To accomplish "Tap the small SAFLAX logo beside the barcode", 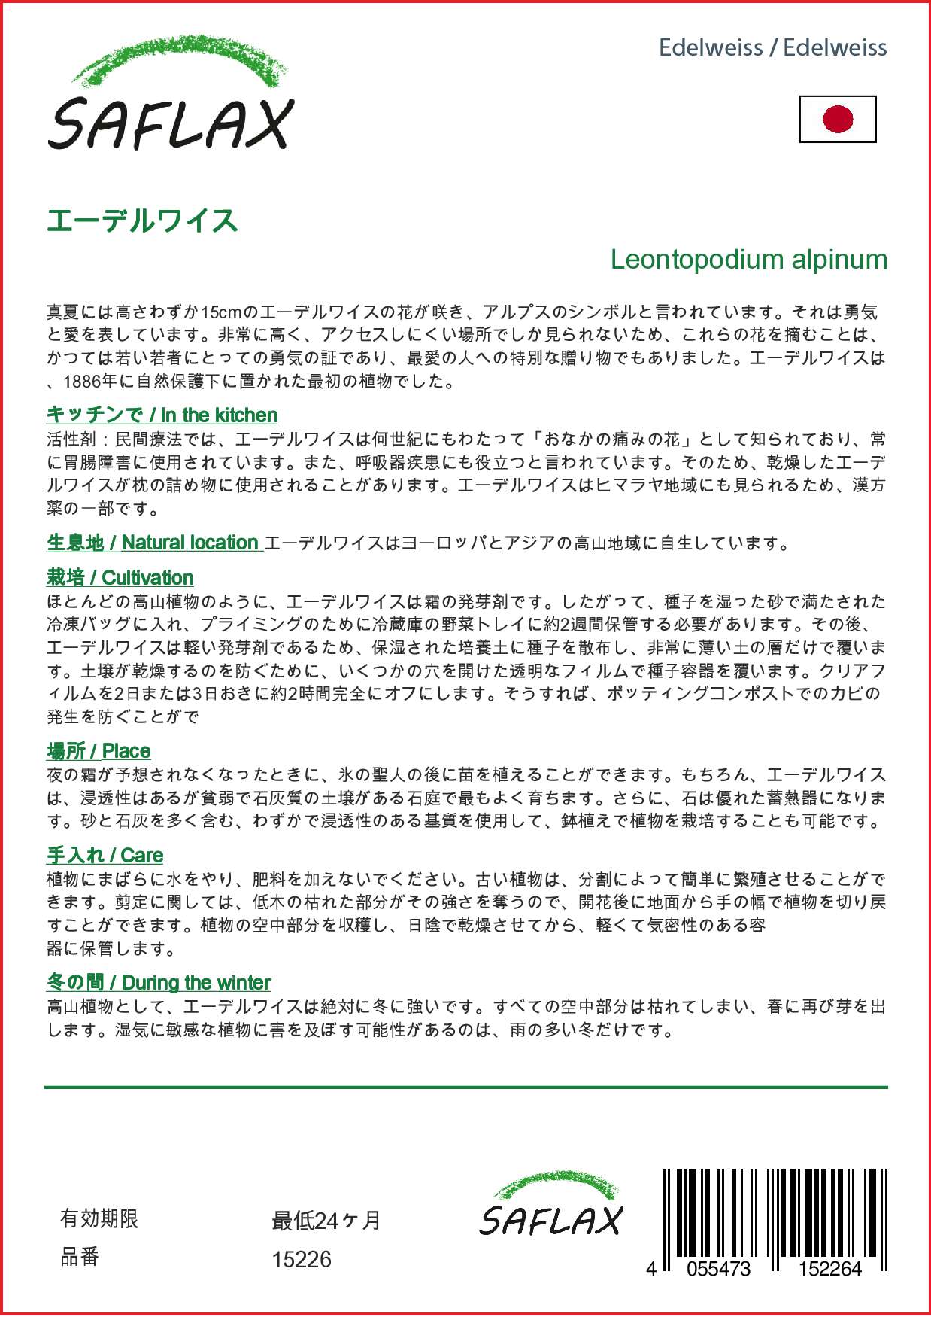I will point(551,1206).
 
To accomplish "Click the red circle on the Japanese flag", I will point(838,119).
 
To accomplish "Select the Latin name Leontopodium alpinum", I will point(748,260).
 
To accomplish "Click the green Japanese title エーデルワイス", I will point(142,221).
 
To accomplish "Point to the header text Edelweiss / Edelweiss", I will point(772,48).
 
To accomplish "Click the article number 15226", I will point(302,1260).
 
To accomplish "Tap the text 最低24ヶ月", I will point(326,1221).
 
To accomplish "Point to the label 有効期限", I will point(99,1219).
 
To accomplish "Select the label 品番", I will point(80,1257).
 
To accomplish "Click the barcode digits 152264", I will point(829,1269).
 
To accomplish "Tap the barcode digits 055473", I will point(718,1269).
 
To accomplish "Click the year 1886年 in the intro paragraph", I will point(91,382).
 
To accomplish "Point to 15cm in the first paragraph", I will point(220,312).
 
